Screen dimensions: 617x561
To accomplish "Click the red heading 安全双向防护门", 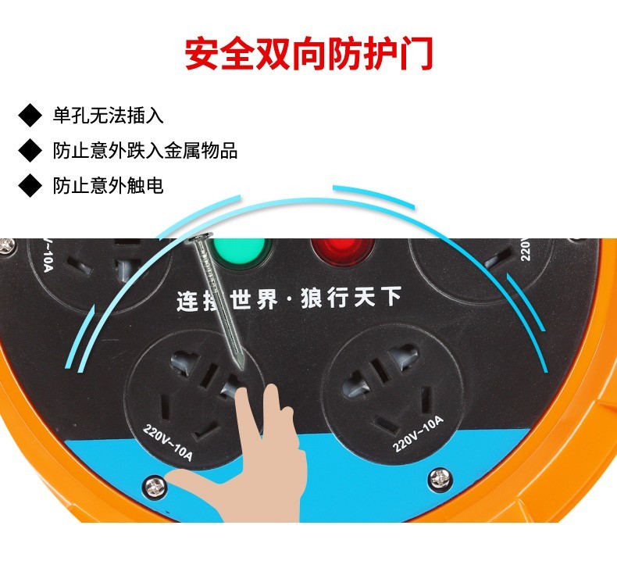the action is (x=309, y=54).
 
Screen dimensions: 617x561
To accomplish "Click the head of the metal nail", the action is (x=199, y=237).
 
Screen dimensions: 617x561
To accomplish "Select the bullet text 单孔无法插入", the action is (x=109, y=116).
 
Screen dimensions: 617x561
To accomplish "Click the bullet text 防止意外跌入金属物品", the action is (x=145, y=150).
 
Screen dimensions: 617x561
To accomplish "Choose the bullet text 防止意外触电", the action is (x=109, y=185).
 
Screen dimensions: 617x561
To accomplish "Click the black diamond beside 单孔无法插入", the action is (x=30, y=116).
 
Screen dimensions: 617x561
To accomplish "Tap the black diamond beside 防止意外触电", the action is (x=30, y=185).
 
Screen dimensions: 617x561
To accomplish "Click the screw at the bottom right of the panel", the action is (x=440, y=479).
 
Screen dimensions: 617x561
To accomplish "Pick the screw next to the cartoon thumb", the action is (x=156, y=488).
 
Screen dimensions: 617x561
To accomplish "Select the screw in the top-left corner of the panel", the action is (x=8, y=246).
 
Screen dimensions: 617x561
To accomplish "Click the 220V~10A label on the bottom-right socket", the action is (x=418, y=434).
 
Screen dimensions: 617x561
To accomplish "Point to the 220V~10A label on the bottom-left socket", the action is (x=168, y=441).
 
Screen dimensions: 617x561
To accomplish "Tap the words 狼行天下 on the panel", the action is (x=351, y=297).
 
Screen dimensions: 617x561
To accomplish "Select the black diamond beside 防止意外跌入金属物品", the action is (x=30, y=150).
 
